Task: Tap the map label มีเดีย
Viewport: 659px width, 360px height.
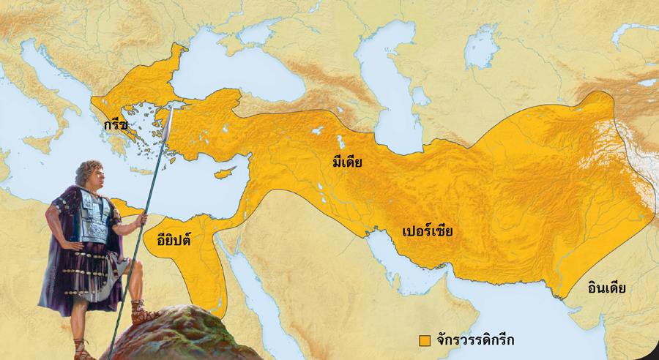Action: pyautogui.click(x=347, y=162)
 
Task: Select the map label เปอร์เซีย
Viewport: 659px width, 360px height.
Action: pyautogui.click(x=428, y=232)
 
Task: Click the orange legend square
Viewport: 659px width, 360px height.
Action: pyautogui.click(x=424, y=340)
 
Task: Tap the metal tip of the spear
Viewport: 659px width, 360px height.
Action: pyautogui.click(x=169, y=120)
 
